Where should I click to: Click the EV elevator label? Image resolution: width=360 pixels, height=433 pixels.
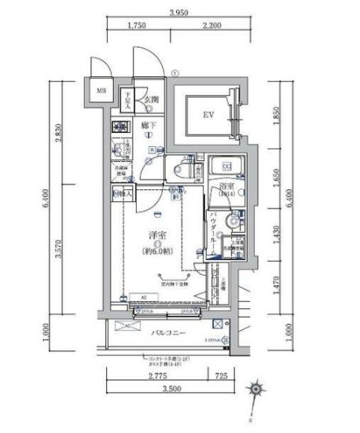pos(208,116)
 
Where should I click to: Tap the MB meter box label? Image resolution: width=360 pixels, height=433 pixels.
pos(101,91)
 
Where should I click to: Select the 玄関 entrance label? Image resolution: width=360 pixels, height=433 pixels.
pos(152,100)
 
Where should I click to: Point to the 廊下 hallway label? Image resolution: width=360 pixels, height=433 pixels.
pos(147,125)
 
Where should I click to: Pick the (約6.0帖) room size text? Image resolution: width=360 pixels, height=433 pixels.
pos(158,251)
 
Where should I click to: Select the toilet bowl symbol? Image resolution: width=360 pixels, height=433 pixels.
pos(180,169)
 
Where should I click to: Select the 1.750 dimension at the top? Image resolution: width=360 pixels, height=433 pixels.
pos(138,26)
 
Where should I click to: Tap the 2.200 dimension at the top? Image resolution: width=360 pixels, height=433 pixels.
pos(210,26)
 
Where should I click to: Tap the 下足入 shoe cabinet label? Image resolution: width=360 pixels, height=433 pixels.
pos(127,98)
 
